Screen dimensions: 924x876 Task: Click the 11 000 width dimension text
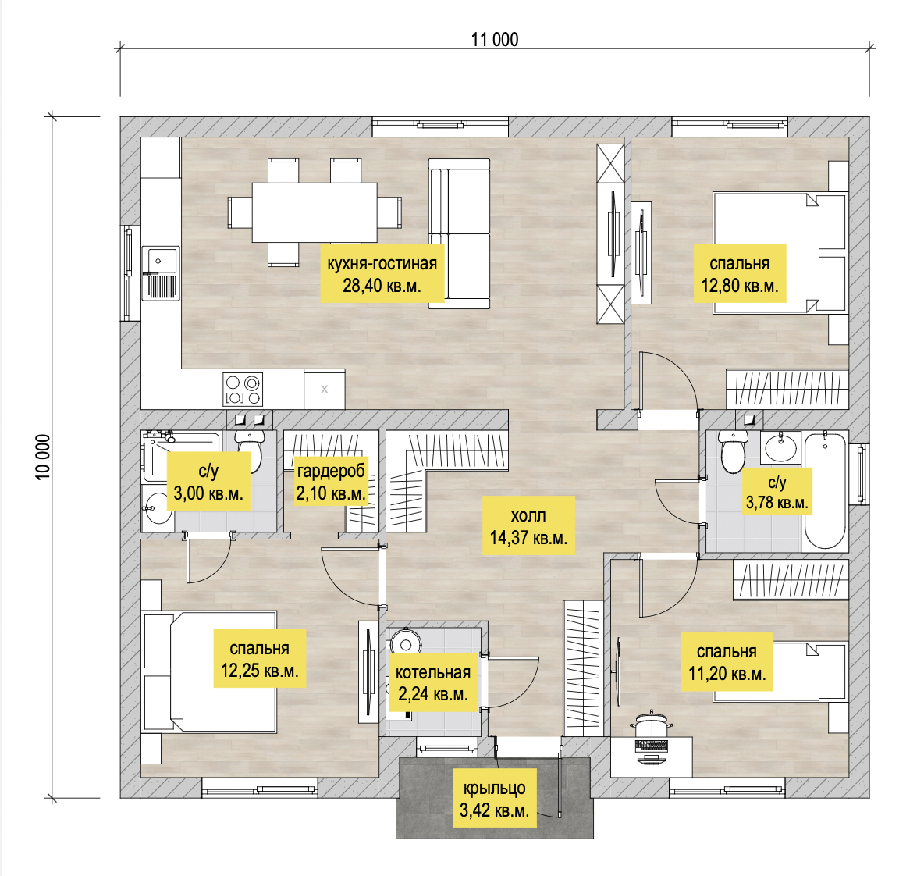495,40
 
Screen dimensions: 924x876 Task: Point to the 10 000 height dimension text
43,457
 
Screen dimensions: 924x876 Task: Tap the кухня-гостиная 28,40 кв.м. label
382,274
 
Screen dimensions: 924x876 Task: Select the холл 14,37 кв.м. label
528,526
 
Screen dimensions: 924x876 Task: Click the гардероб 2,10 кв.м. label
331,482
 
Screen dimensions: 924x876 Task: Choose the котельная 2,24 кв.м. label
433,682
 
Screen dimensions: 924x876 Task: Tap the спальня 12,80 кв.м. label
740,273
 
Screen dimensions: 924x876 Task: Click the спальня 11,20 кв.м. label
727,662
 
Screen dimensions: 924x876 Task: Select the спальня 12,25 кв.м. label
259,658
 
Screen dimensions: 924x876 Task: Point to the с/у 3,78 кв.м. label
777,492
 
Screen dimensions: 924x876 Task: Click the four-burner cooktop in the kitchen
243,390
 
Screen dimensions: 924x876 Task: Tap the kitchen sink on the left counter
160,273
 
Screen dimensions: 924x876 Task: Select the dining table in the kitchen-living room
315,212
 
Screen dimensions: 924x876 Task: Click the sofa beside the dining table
459,233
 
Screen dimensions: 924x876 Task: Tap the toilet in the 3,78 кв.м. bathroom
733,451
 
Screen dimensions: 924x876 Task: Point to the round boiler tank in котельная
405,641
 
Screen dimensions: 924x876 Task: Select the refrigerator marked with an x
324,389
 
